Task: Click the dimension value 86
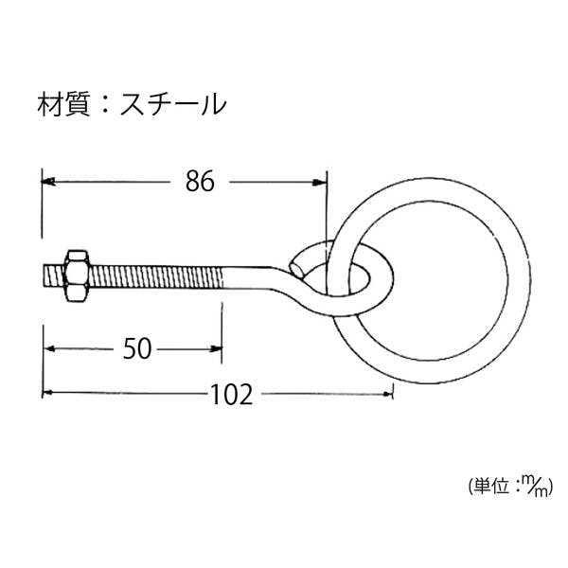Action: point(200,181)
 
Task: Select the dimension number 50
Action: point(137,348)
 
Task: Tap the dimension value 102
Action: point(232,395)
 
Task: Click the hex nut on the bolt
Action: point(77,275)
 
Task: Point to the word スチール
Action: point(173,104)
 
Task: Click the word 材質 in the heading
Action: point(63,104)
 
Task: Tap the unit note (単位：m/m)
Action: point(511,487)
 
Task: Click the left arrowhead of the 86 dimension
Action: point(48,182)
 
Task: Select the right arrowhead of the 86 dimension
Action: point(320,183)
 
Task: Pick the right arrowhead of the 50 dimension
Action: point(216,349)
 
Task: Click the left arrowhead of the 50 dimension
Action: point(49,348)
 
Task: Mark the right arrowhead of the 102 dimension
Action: point(387,394)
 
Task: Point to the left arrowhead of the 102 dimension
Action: point(48,392)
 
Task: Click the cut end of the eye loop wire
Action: point(296,269)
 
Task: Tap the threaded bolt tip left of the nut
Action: point(54,275)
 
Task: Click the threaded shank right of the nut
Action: point(156,277)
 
